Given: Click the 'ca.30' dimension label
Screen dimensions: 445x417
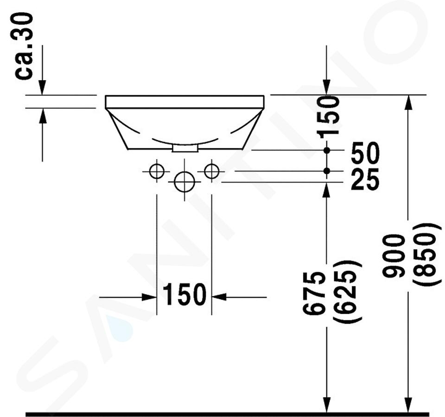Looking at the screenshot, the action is (x=24, y=46).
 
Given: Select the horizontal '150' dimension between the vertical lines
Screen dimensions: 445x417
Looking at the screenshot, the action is (x=184, y=294).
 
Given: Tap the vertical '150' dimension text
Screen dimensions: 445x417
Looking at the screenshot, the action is (x=330, y=117).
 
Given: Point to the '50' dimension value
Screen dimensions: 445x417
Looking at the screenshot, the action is (x=365, y=153).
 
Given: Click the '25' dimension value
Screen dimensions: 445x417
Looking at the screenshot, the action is (x=365, y=180).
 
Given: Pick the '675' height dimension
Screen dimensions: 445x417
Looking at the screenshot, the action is (x=313, y=293).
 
